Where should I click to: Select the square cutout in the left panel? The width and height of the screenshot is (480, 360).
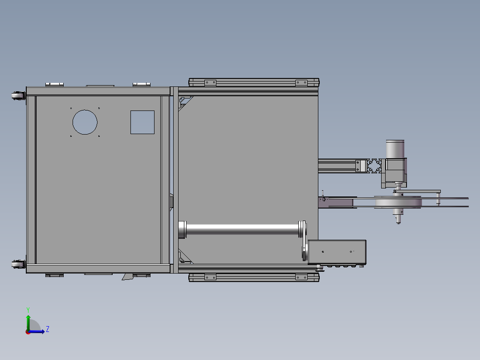click(x=142, y=122)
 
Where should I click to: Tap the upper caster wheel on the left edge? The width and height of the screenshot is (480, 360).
click(x=18, y=95)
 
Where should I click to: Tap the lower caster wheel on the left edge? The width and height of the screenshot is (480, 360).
click(x=18, y=264)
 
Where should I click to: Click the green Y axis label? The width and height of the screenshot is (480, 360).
click(x=28, y=310)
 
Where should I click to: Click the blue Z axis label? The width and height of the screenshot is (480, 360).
click(x=48, y=329)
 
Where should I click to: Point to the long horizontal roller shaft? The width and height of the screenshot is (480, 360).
click(x=242, y=229)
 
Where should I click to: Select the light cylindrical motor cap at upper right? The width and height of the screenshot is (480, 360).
click(x=395, y=149)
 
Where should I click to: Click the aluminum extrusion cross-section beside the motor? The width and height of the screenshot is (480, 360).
click(x=374, y=166)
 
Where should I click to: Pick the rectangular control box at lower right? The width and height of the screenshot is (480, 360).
click(x=337, y=252)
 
